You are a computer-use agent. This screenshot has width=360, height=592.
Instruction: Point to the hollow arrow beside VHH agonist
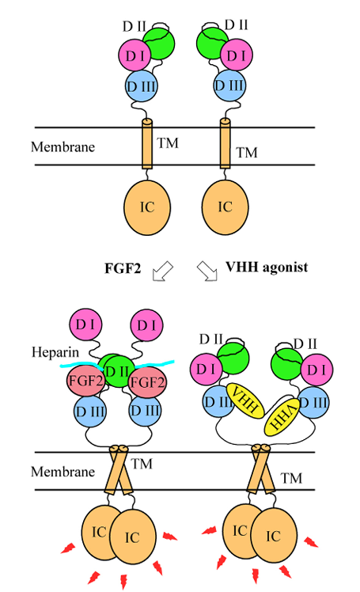click(208, 270)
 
